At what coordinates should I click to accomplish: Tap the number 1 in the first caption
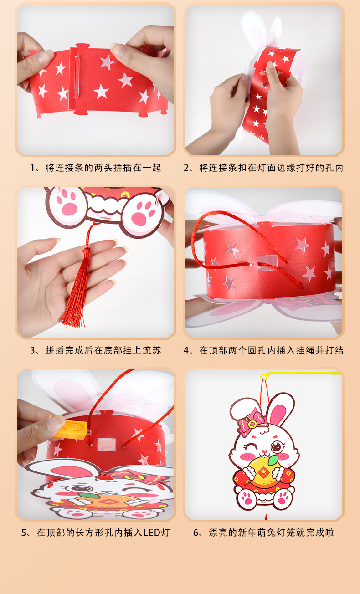33,168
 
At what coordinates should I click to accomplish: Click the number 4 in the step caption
186,350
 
